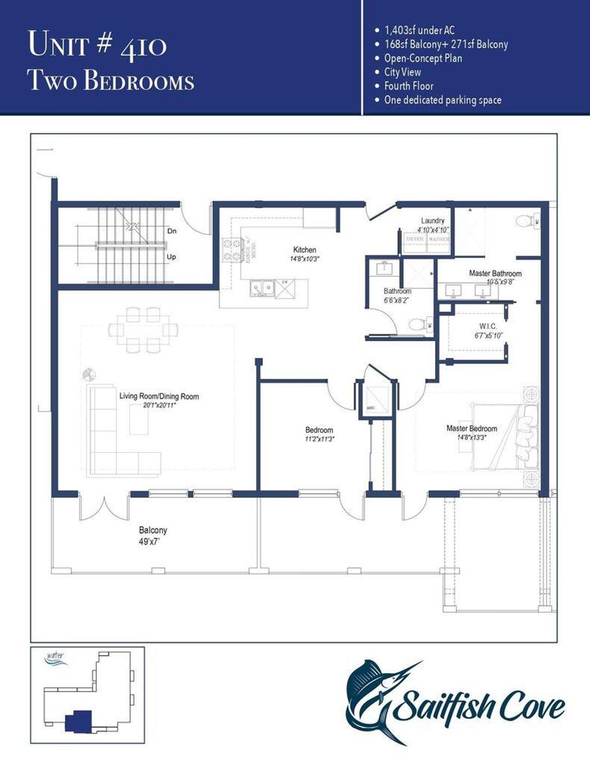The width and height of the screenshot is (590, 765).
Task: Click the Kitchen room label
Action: [x=304, y=250]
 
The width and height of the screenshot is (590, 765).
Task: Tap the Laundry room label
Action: [x=432, y=221]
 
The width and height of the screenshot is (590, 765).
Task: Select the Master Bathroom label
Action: [x=495, y=273]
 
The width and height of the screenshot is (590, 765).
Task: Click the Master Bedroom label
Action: [x=471, y=429]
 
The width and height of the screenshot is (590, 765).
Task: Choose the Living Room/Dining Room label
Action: [x=159, y=396]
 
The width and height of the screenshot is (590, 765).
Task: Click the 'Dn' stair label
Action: [x=172, y=231]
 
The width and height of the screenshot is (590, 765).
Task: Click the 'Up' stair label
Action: [x=171, y=257]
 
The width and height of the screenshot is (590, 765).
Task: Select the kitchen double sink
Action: [x=262, y=287]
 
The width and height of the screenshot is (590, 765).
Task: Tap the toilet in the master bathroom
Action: [x=524, y=220]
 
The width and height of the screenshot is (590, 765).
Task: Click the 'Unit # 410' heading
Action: [x=97, y=45]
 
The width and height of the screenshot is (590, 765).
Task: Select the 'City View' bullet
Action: [x=402, y=72]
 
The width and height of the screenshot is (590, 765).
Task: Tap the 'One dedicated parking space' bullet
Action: [x=442, y=100]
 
